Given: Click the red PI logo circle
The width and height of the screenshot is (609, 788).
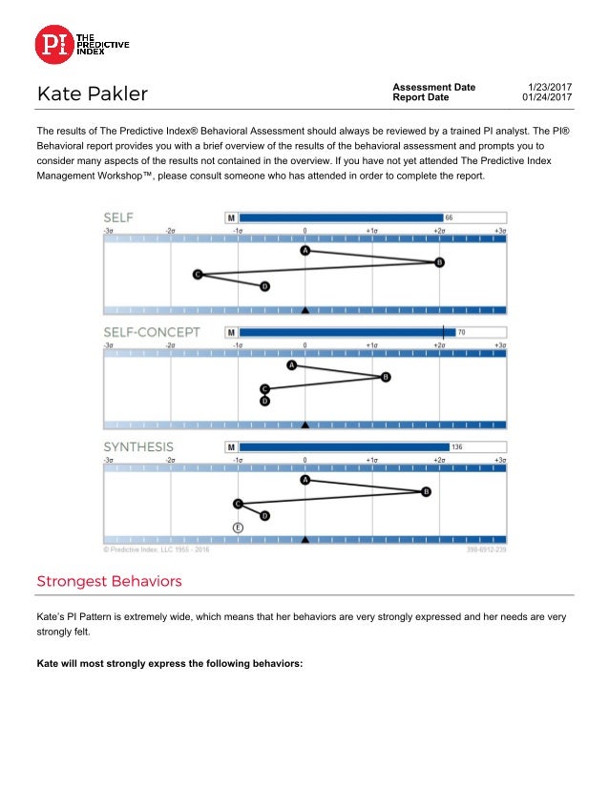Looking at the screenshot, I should [54, 44].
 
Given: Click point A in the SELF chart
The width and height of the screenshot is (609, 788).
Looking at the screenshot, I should [305, 250].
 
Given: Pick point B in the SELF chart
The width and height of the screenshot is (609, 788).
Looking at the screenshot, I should [440, 261].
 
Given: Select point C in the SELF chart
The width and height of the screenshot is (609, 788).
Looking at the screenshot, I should [198, 275].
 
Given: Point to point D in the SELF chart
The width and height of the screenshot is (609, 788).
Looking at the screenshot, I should [264, 286].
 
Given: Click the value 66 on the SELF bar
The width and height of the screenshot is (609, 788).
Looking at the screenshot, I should [450, 218].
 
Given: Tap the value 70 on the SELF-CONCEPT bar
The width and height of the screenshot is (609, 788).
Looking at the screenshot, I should [462, 332].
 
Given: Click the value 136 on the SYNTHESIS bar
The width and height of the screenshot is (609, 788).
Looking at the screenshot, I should [457, 446].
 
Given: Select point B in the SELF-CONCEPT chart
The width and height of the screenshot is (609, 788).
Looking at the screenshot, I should [386, 377].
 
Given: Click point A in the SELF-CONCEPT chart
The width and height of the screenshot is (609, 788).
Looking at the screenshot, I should [292, 365].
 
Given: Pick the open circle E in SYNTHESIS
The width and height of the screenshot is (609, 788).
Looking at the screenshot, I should [238, 527].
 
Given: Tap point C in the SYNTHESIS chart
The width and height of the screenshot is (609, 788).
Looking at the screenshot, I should [238, 504].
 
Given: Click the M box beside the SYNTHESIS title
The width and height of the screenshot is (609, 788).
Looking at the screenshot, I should [231, 446].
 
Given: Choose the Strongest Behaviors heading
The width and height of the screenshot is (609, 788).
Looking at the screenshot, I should [109, 581].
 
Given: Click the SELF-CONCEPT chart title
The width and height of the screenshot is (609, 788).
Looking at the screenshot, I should [152, 332].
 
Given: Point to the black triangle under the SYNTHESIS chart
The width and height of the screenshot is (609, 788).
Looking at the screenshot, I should [305, 539].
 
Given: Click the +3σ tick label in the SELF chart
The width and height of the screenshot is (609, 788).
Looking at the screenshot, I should [498, 231].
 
